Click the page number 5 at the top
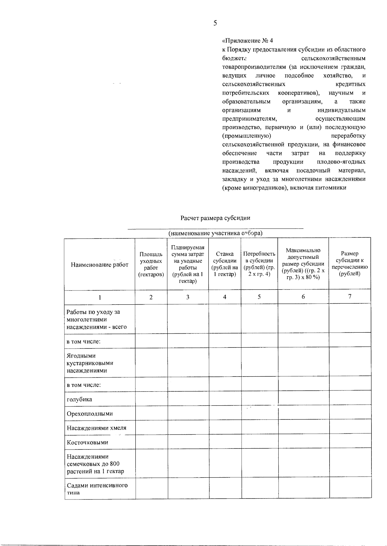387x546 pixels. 215,23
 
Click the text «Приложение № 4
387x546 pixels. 248,41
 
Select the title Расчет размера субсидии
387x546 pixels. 215,218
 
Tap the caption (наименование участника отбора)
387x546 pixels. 215,233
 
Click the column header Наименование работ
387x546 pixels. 99,265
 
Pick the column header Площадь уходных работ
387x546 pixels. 151,264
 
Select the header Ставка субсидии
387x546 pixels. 225,264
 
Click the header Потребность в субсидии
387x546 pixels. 259,264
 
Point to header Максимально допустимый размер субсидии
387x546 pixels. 303,264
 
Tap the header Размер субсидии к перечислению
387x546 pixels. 350,264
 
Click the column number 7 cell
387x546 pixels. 350,297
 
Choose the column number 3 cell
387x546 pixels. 188,297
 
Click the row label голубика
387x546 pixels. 79,399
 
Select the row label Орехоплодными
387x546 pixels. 90,414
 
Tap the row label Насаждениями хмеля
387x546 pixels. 96,428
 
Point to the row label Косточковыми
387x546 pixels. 87,442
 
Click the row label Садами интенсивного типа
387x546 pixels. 97,489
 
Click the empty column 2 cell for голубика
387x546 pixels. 151,399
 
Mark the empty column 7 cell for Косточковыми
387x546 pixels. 350,442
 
